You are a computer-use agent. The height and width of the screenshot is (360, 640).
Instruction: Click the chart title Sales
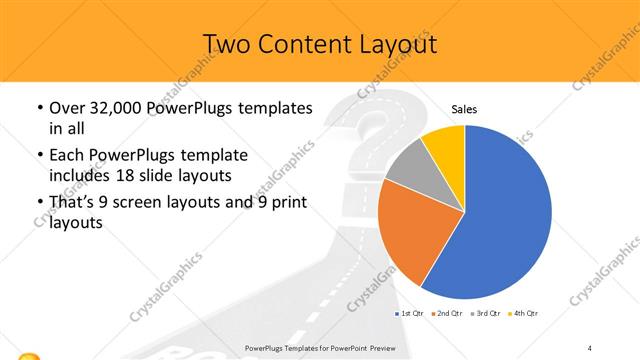point(463,110)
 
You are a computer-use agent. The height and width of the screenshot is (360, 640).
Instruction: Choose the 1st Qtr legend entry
point(411,313)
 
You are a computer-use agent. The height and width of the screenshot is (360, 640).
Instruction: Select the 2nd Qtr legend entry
point(447,313)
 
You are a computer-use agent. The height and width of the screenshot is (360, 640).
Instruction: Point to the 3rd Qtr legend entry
point(487,313)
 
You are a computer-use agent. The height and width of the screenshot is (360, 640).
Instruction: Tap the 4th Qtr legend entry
point(525,313)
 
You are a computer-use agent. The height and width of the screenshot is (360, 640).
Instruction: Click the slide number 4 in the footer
point(591,346)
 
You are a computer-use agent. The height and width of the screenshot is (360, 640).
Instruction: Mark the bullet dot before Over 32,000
point(39,108)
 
